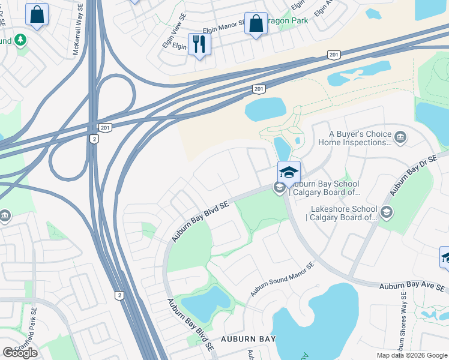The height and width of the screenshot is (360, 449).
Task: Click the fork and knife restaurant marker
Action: coord(199,44)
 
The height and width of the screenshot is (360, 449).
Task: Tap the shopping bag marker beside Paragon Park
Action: coord(256,24)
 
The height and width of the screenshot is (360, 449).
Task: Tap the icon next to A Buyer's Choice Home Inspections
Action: coord(401,139)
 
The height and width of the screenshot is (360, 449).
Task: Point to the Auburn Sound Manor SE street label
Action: coord(282,280)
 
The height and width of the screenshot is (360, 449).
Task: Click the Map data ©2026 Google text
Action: coord(411,355)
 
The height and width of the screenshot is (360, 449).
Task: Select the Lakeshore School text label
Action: coord(341,214)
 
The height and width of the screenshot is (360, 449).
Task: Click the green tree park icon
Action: coord(20,40)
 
